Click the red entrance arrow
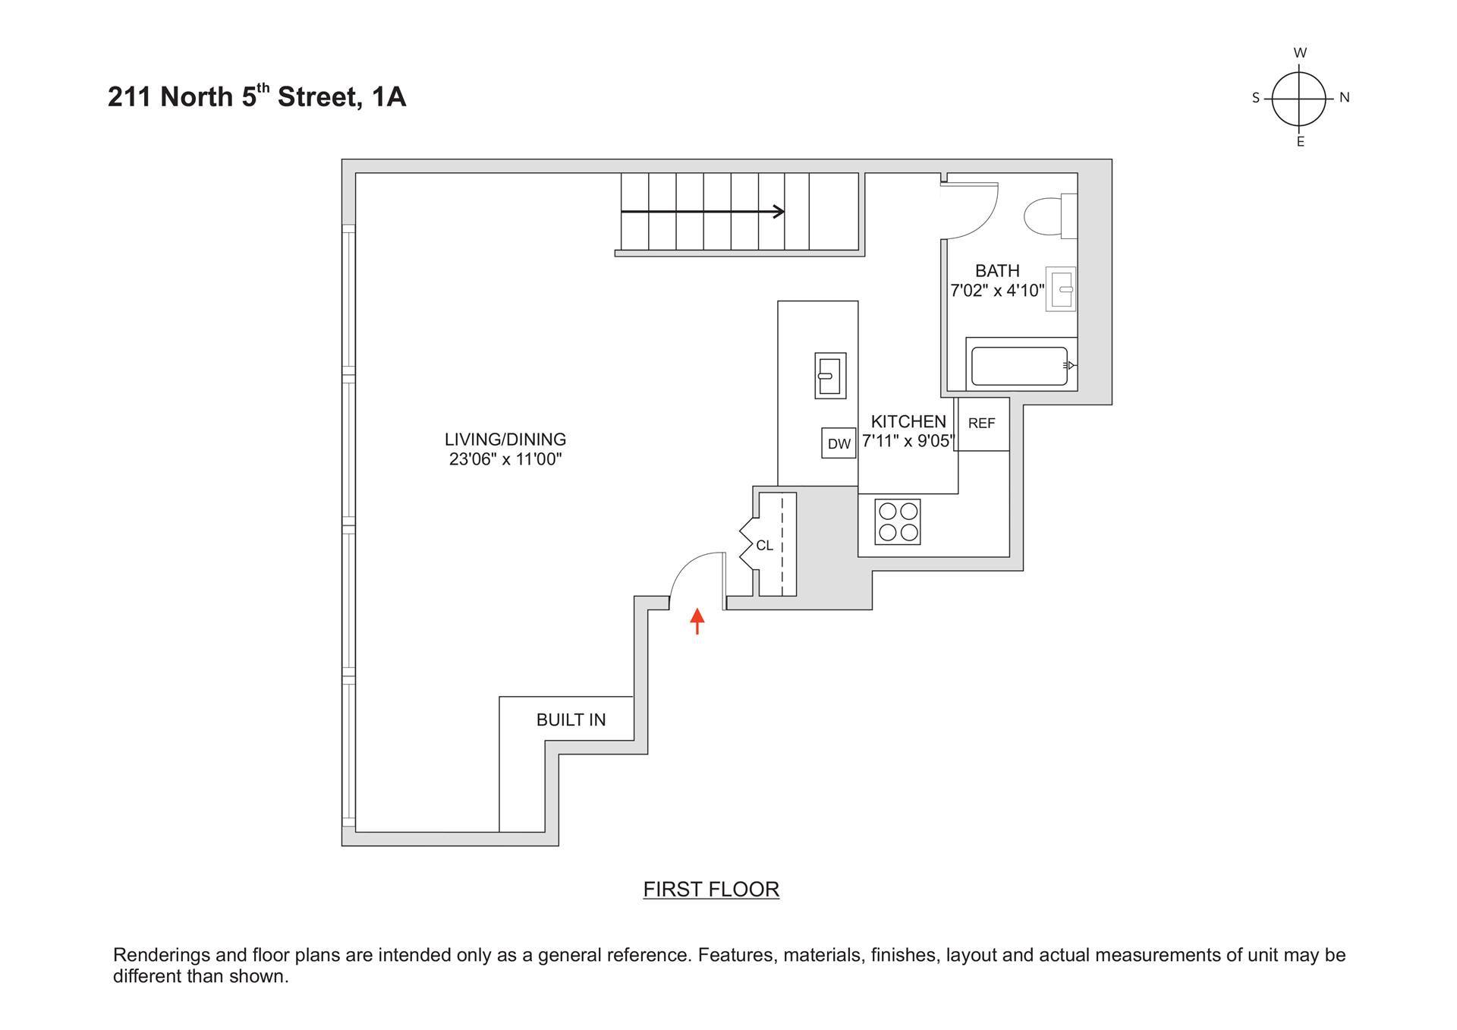pos(697,621)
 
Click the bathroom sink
pos(1060,289)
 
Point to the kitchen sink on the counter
pos(829,375)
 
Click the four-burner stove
pos(898,521)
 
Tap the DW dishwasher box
pos(839,443)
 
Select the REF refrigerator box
pos(981,424)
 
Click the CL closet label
pos(764,546)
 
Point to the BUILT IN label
pos(571,720)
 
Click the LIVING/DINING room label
pos(505,439)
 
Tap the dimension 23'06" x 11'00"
pos(505,459)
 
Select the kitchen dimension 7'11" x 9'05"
pos(907,442)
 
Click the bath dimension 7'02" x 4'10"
pos(997,291)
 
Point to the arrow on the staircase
pos(703,212)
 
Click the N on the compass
pos(1344,97)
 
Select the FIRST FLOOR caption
pos(711,889)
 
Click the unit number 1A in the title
pos(389,97)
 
